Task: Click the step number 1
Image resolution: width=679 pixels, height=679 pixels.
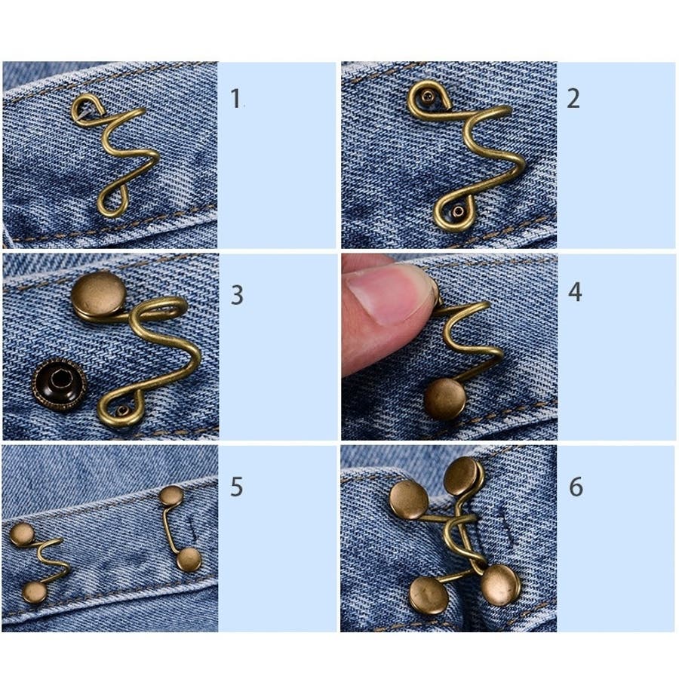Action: pos(235,98)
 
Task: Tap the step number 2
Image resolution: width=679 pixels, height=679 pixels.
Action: pos(573,98)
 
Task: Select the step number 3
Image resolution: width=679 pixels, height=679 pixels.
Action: pos(236,295)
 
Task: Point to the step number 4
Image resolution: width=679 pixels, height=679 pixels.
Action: pos(575,292)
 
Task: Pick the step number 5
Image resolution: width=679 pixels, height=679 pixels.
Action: pos(236,487)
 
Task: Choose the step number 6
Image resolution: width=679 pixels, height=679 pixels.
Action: pos(576,487)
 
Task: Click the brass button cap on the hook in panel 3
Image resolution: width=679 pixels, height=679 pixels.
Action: pos(99,293)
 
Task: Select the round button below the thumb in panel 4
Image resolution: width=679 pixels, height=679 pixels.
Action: pos(444,399)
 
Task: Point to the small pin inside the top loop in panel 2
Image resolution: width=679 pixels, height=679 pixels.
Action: pos(429,97)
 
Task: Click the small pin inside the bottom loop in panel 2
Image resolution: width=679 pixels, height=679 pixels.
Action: pos(458,211)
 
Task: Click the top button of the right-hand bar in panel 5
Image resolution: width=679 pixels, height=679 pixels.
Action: pos(171,496)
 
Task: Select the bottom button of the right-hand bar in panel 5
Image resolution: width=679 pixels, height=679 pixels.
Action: pos(189,559)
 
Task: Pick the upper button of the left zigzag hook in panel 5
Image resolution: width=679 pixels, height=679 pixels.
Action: pos(22,534)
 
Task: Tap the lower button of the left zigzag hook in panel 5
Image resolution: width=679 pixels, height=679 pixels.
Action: pos(35,592)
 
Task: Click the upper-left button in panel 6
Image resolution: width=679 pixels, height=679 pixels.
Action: pos(409,499)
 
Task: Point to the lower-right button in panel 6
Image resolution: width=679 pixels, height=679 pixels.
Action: pos(501,585)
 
